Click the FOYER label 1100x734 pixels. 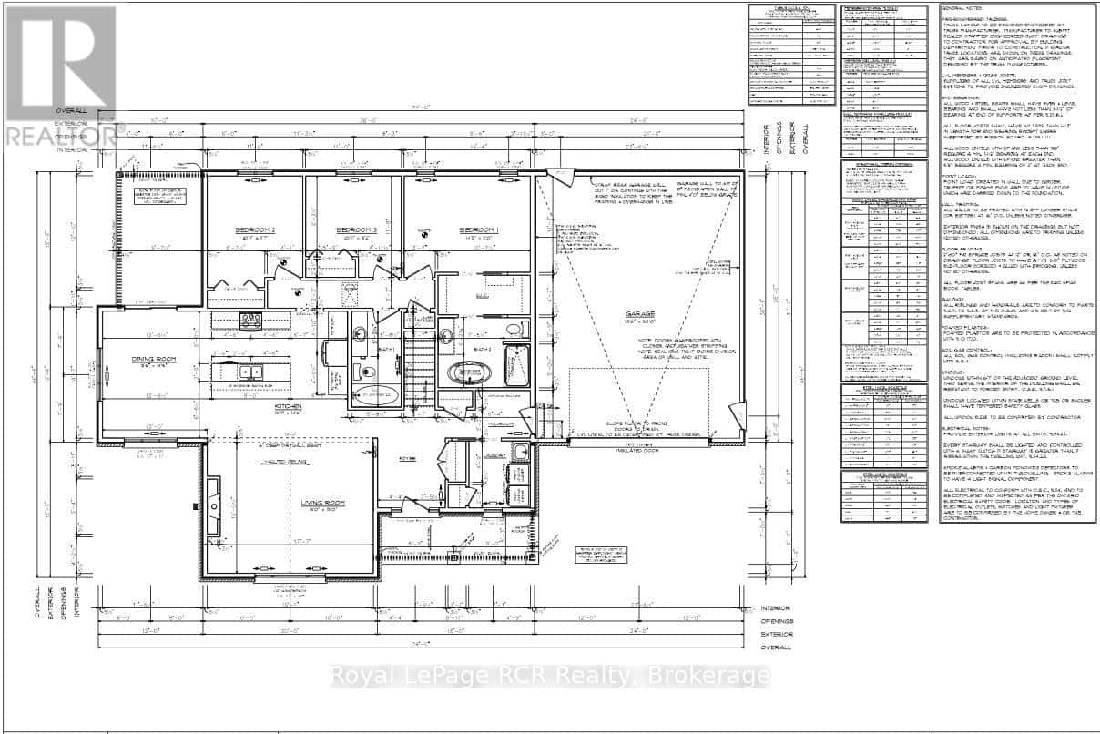click(407, 460)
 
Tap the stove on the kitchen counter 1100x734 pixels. click(249, 319)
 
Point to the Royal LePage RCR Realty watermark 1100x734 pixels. click(549, 676)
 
